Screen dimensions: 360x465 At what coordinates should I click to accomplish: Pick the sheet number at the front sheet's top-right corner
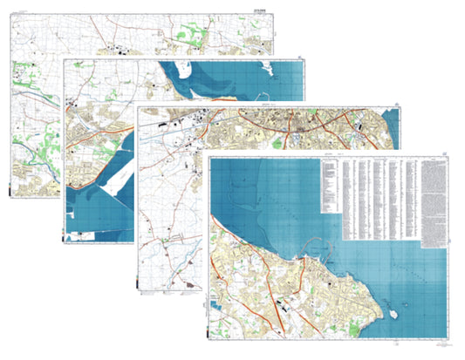(x=448, y=153)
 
